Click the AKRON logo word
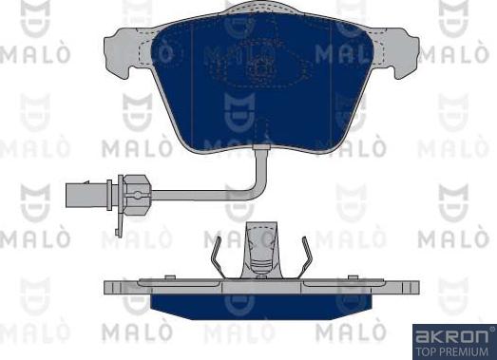point(449,334)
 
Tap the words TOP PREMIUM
point(452,350)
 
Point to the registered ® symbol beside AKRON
point(490,329)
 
